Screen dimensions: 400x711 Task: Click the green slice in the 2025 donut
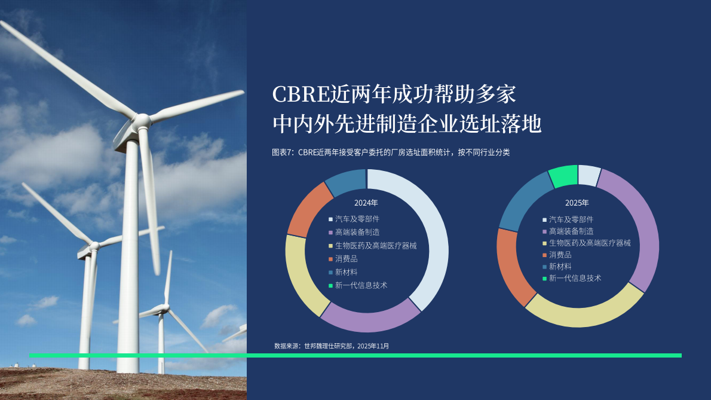(563, 175)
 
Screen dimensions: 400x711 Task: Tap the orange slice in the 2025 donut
(510, 266)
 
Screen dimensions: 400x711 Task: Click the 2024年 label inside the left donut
(366, 203)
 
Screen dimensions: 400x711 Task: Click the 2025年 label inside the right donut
(577, 203)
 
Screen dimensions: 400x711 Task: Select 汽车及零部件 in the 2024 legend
(357, 219)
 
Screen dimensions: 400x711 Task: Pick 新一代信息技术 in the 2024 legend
(361, 285)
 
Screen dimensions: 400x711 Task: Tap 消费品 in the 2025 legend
(560, 255)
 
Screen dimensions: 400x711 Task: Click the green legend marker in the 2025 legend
(544, 279)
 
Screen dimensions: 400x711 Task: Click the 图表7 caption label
(282, 152)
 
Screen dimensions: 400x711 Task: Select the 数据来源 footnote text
(288, 346)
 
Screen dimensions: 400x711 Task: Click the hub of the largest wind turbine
(141, 121)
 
